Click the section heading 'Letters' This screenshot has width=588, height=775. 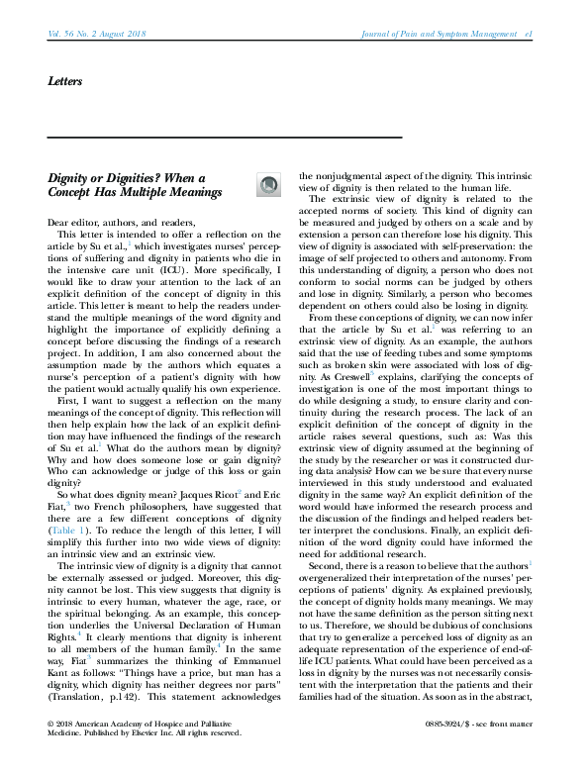(x=65, y=80)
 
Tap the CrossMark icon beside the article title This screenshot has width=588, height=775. (x=268, y=183)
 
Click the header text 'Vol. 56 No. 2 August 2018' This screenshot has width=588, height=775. (x=96, y=35)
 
